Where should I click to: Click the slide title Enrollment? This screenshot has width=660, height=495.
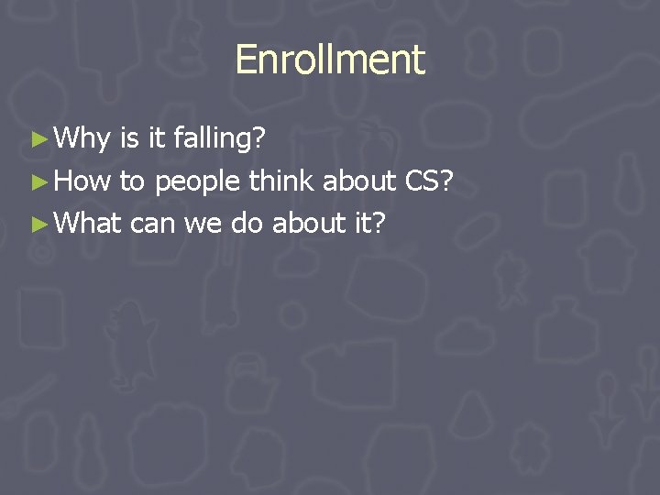330,60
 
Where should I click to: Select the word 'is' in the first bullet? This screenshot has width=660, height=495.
129,139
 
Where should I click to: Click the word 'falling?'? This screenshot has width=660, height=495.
219,139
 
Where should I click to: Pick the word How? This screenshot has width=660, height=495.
82,181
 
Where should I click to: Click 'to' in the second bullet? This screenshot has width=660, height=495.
132,181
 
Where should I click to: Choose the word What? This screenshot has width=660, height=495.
88,222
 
